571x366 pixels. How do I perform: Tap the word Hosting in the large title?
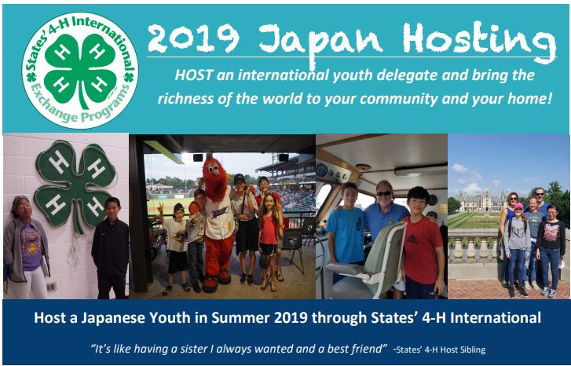point(479,41)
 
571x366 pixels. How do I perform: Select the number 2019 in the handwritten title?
point(193,38)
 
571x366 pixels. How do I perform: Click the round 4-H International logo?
point(80,70)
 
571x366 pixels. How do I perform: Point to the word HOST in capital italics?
point(194,75)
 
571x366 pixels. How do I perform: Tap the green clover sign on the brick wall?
point(75,185)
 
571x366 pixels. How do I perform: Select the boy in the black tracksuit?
point(110,247)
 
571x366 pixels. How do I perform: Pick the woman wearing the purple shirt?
point(27,247)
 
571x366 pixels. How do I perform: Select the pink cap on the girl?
point(518,206)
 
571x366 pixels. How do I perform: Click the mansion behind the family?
point(480,201)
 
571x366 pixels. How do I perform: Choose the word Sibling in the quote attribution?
point(472,350)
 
